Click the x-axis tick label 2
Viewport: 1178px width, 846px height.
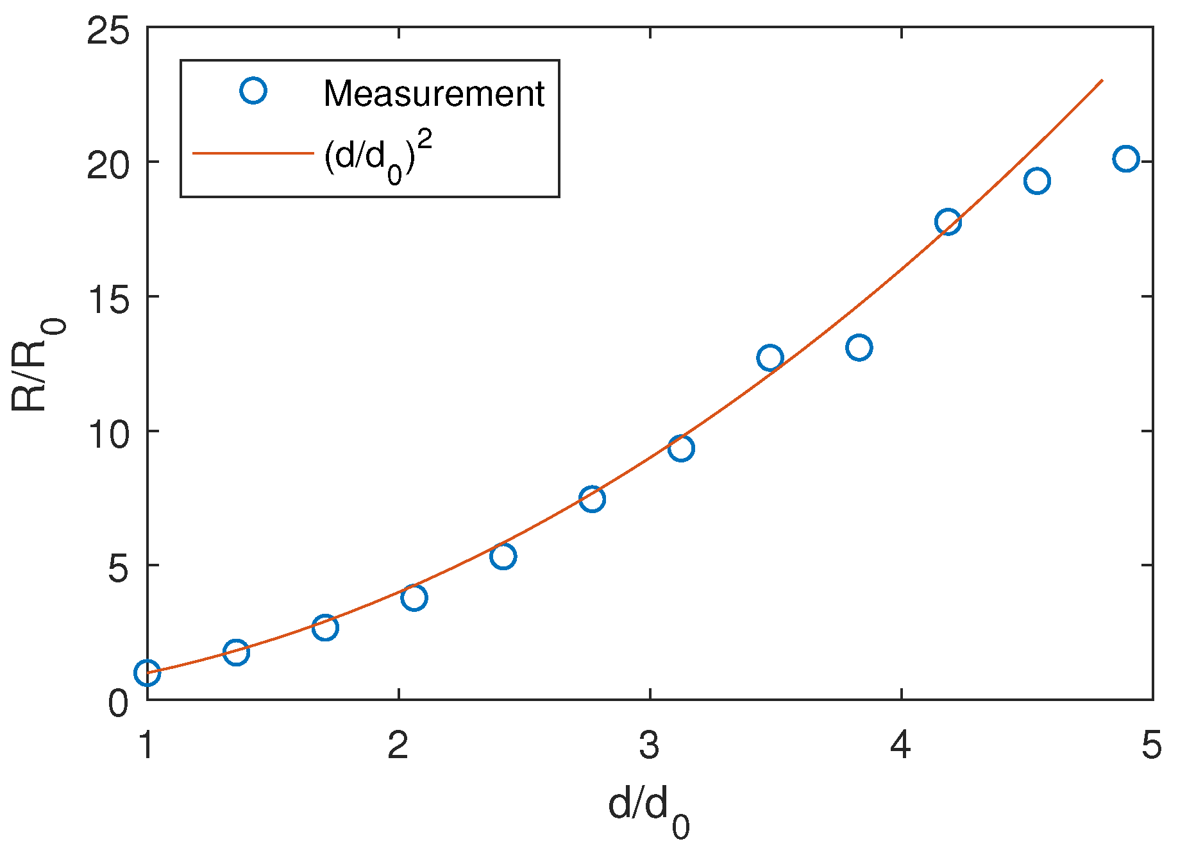pyautogui.click(x=398, y=746)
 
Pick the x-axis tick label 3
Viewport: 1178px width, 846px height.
pyautogui.click(x=650, y=746)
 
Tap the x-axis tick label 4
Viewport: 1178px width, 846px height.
pyautogui.click(x=901, y=746)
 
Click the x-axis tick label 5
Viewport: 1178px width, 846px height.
pyautogui.click(x=1152, y=746)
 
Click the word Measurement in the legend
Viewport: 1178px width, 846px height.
pyautogui.click(x=433, y=94)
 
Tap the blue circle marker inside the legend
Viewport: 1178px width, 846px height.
pyautogui.click(x=253, y=90)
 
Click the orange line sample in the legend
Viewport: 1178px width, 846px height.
pyautogui.click(x=253, y=153)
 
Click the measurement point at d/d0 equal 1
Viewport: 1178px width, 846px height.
pyautogui.click(x=147, y=673)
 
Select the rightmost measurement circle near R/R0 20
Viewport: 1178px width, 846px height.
pyautogui.click(x=1125, y=158)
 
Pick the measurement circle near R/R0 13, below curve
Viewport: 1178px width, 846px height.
pyautogui.click(x=859, y=348)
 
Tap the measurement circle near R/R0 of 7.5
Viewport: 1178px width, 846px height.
pyautogui.click(x=592, y=498)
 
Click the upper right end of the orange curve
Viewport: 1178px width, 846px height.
pyautogui.click(x=1101, y=81)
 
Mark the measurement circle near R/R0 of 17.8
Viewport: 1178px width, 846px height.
pyautogui.click(x=947, y=222)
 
